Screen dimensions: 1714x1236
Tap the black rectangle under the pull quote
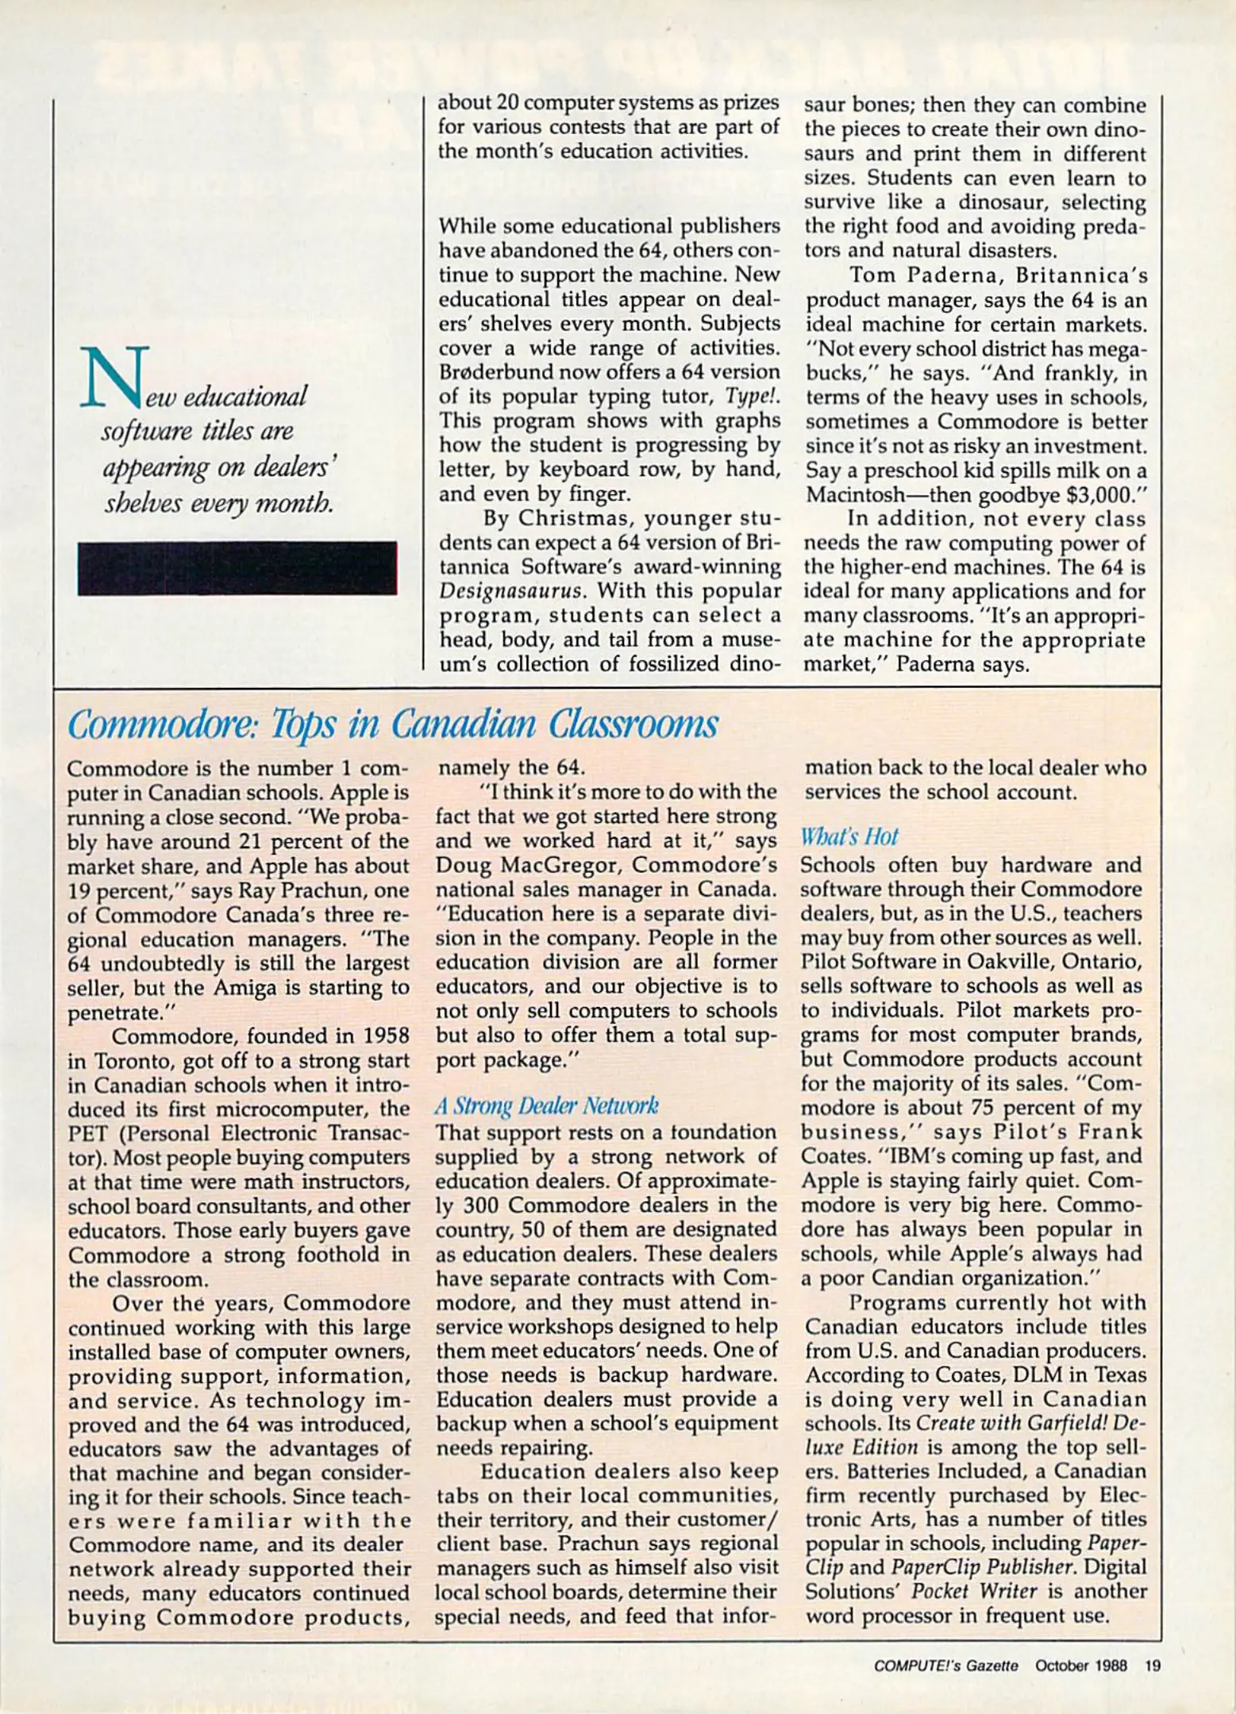[237, 568]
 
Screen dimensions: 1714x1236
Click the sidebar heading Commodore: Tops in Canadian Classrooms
[392, 724]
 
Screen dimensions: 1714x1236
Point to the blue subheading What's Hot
[849, 837]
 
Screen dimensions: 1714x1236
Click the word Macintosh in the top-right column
[854, 495]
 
